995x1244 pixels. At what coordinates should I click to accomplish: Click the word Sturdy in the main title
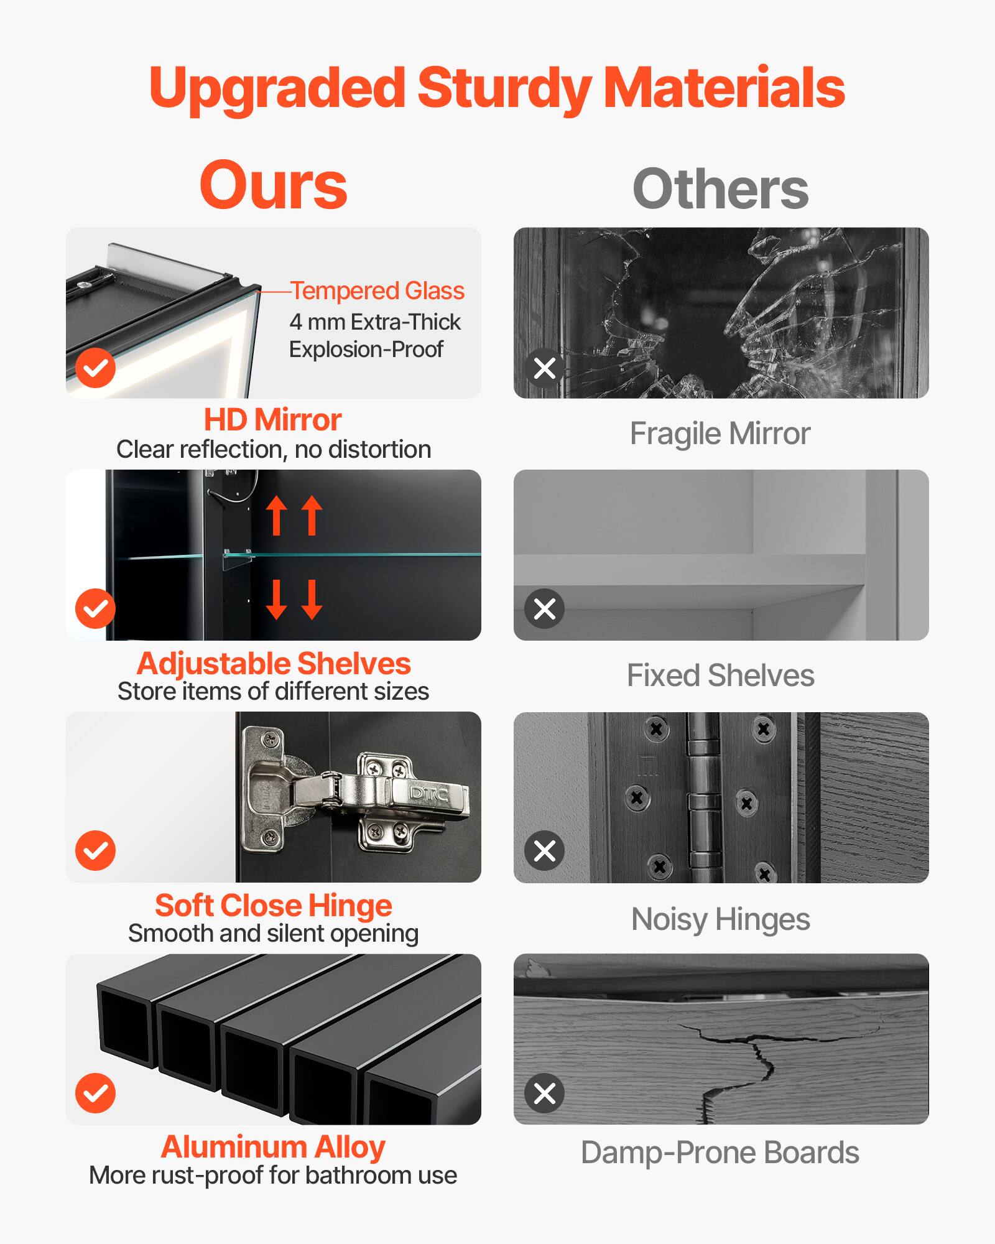[504, 88]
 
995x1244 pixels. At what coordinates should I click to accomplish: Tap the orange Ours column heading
[273, 185]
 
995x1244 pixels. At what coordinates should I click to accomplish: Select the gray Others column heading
[720, 189]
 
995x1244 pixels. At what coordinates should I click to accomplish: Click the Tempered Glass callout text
[377, 290]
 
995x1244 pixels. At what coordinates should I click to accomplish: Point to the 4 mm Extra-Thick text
[375, 322]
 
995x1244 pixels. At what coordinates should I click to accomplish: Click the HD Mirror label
[273, 420]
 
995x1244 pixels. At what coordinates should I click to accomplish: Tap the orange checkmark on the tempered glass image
[95, 368]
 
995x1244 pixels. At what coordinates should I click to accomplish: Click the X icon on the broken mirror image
[545, 368]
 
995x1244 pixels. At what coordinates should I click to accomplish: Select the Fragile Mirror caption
[720, 434]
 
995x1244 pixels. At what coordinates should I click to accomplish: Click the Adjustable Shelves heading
[274, 663]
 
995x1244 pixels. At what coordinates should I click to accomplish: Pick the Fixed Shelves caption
[720, 675]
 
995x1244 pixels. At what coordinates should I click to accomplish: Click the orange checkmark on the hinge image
[95, 850]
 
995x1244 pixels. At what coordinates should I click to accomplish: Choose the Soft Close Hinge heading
[274, 905]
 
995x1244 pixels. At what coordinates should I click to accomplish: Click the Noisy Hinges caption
[720, 919]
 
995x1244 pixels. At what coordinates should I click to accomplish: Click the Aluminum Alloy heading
[274, 1147]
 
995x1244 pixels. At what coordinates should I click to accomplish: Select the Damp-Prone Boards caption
[720, 1153]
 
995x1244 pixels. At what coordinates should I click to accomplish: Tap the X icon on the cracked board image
[545, 1093]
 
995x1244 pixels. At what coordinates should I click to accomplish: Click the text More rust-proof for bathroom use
[273, 1176]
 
